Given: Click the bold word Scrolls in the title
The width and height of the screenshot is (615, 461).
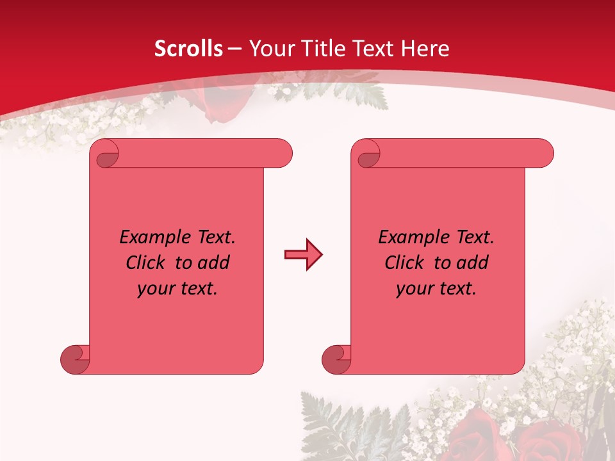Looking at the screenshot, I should point(189,49).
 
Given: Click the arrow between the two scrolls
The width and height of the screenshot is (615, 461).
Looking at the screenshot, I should point(303,255).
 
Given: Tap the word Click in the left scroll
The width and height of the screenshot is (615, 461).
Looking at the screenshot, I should point(147,263).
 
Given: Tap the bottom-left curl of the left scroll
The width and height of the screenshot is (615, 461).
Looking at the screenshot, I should point(74,359).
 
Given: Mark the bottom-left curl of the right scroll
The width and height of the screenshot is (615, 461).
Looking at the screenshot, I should point(335,359).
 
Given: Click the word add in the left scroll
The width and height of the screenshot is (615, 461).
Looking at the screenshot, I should point(213,263).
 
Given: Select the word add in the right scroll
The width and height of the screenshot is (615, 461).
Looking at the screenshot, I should point(473,263).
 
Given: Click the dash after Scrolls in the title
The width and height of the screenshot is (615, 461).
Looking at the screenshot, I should point(234,49).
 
